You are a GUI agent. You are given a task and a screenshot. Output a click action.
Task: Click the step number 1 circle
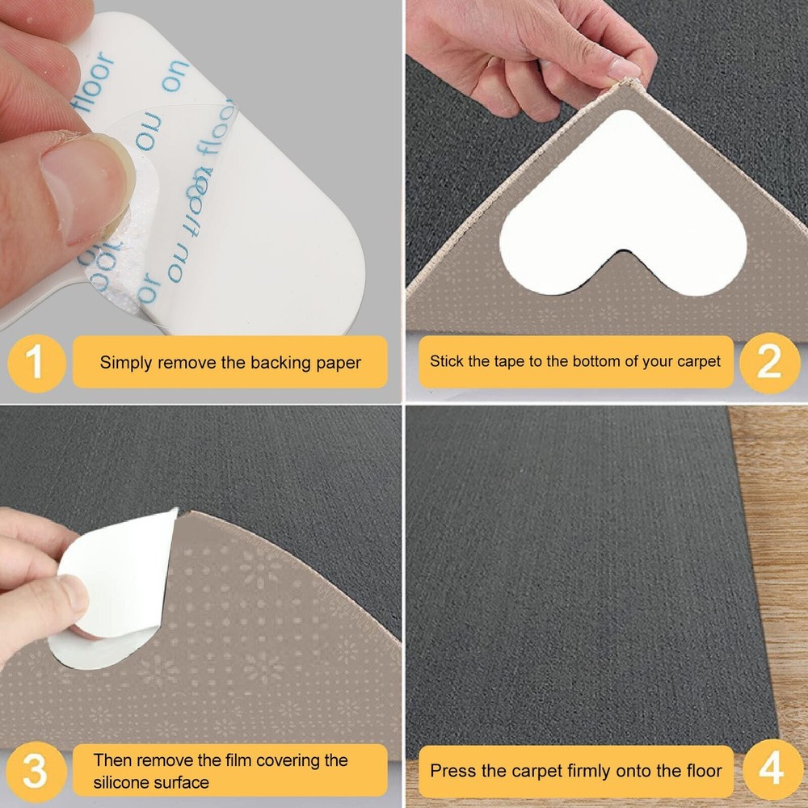click(35, 363)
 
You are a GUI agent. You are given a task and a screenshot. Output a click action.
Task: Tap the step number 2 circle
click(768, 363)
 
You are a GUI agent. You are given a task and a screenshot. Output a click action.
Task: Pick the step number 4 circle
click(771, 770)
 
